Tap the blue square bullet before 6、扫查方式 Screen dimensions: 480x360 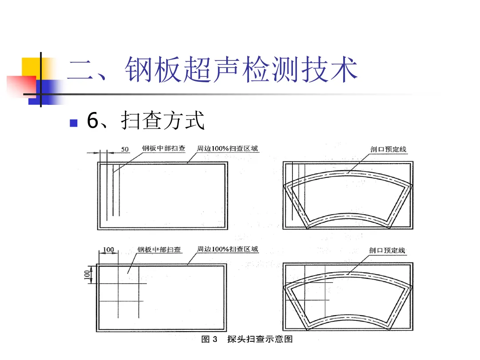[x=74, y=122]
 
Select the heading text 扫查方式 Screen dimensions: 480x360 [x=163, y=121]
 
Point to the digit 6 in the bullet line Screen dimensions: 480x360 [x=92, y=121]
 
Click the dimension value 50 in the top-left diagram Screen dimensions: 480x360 [x=125, y=149]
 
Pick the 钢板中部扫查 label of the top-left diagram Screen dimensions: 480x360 [x=164, y=148]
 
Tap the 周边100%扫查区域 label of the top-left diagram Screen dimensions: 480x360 [x=228, y=148]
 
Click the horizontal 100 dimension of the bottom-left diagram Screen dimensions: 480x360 [x=108, y=250]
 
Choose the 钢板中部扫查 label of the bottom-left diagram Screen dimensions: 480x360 [x=159, y=250]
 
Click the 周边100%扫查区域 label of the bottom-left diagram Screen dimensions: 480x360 [x=228, y=249]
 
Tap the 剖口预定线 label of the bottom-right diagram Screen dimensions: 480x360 [x=387, y=251]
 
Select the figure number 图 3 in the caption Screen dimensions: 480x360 [x=209, y=340]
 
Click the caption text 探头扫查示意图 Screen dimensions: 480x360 [x=260, y=340]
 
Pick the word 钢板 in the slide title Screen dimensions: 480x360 [x=153, y=70]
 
